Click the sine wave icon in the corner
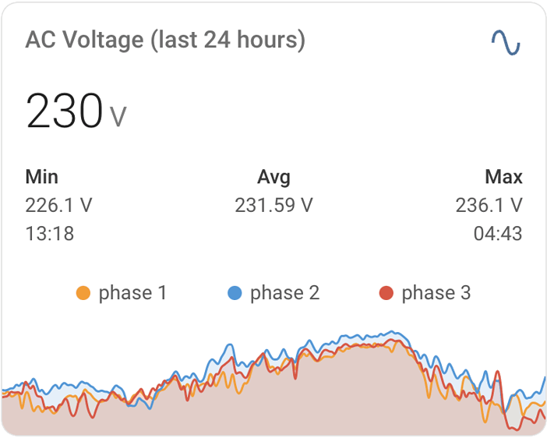(x=505, y=42)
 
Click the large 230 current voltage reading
(x=64, y=111)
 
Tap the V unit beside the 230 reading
(x=118, y=117)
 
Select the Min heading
(x=41, y=177)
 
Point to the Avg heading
(x=273, y=177)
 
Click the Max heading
(x=503, y=177)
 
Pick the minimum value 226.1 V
(x=58, y=206)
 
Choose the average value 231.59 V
(x=273, y=206)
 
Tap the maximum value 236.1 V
(x=489, y=206)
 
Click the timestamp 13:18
(x=49, y=234)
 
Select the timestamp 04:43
(x=498, y=234)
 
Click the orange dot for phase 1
(x=83, y=294)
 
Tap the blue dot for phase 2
(x=235, y=294)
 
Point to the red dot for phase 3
(x=386, y=294)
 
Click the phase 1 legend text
(x=132, y=293)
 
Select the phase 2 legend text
(x=284, y=293)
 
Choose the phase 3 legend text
(x=436, y=293)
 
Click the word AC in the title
(x=40, y=40)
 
